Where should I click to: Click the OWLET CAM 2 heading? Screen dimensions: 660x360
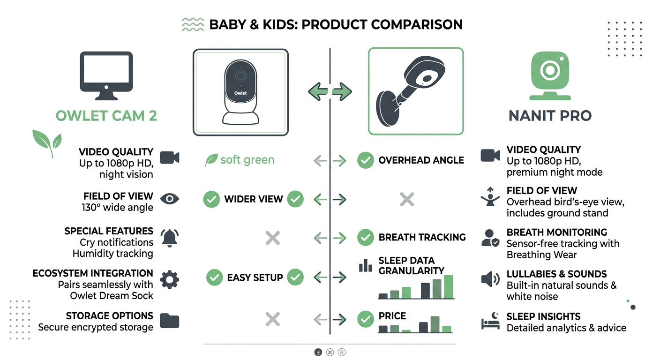pos(106,116)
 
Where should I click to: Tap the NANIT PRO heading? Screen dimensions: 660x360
pos(550,116)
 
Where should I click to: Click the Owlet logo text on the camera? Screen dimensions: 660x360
pos(240,93)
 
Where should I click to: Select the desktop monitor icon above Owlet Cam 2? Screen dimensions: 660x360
pos(106,76)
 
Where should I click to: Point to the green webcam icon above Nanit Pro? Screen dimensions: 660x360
pos(550,76)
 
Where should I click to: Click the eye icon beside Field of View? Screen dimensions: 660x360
pos(170,199)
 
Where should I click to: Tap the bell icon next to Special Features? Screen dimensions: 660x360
pos(169,238)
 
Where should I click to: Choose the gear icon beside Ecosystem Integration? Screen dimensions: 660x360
pos(170,279)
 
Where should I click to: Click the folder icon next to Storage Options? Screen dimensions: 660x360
pos(170,321)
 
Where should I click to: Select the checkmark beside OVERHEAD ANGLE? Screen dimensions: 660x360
pos(366,160)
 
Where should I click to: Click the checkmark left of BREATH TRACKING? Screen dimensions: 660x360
pos(366,238)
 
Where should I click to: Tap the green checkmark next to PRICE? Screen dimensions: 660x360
pos(366,319)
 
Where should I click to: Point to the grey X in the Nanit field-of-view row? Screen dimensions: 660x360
pos(407,199)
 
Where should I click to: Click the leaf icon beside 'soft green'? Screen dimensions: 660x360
pos(211,160)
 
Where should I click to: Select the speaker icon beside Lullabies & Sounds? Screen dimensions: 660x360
pos(490,279)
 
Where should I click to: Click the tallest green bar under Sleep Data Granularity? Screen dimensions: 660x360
pos(449,287)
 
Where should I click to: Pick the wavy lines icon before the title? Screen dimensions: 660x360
pos(193,24)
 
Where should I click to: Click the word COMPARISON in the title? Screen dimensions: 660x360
pos(417,24)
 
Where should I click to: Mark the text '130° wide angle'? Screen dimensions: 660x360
pos(118,208)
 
